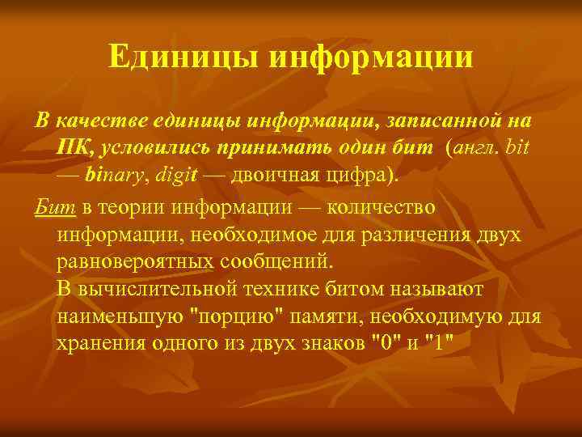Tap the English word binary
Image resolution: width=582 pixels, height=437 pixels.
(x=114, y=176)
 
